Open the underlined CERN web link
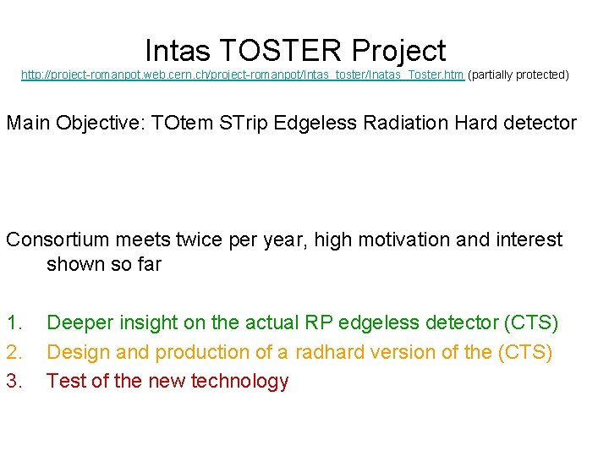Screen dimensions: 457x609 (x=242, y=75)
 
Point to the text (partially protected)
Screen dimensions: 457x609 (x=518, y=75)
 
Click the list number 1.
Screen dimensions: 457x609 (x=15, y=322)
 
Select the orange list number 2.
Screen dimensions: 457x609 (x=15, y=352)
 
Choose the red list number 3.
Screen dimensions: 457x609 (x=15, y=382)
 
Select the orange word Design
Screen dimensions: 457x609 (x=77, y=352)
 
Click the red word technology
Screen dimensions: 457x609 (x=239, y=382)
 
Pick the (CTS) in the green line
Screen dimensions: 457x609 (x=530, y=322)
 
